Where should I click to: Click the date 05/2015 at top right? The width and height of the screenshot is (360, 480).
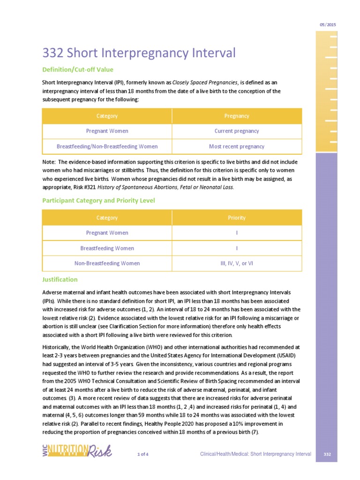point(328,24)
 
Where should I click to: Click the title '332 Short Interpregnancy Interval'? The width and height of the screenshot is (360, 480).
point(139,52)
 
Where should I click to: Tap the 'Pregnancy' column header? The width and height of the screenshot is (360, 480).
point(237,116)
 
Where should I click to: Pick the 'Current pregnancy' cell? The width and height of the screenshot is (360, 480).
point(237,131)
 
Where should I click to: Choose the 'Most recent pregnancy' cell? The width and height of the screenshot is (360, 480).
point(237,146)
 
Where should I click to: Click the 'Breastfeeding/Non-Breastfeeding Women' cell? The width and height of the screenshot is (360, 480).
point(107,146)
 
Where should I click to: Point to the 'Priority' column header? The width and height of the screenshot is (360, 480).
point(237,217)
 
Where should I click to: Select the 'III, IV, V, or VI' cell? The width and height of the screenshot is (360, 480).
point(237,263)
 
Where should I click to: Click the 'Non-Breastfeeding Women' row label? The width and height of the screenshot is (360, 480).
point(107,263)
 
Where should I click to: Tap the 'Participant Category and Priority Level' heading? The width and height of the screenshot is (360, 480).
point(98,201)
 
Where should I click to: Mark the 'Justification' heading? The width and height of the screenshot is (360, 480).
point(60,279)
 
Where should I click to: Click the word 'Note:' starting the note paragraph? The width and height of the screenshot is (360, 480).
point(49,162)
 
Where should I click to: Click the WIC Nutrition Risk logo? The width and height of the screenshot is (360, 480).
point(76,451)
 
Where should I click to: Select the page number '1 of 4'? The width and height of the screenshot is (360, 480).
point(143,455)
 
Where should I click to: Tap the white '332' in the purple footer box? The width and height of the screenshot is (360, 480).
point(328,455)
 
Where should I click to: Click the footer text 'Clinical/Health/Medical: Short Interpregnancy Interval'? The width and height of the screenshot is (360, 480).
point(255,455)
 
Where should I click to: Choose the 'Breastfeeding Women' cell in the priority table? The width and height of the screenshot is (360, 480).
point(107,248)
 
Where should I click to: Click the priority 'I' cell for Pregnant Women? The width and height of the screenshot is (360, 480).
point(237,233)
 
